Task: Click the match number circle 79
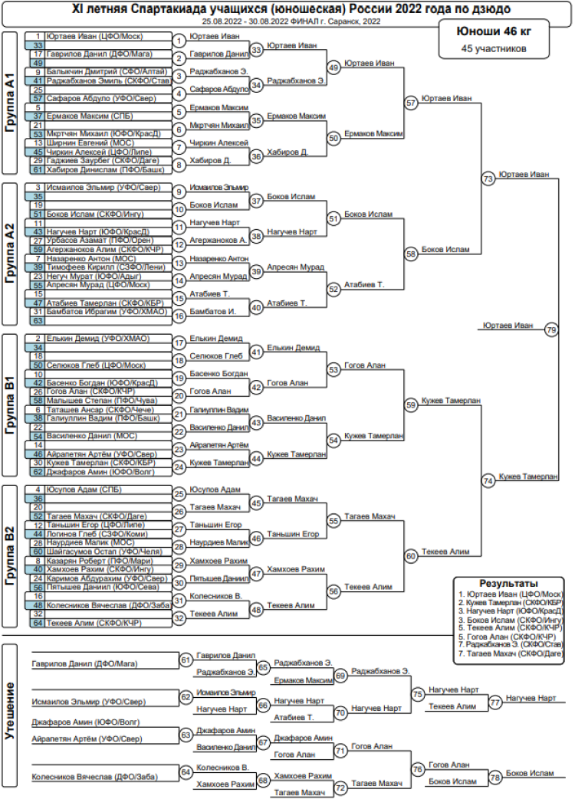(551, 329)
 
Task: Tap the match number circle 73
(488, 178)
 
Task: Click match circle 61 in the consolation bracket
(186, 660)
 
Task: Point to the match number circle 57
(412, 102)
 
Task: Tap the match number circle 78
(495, 778)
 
